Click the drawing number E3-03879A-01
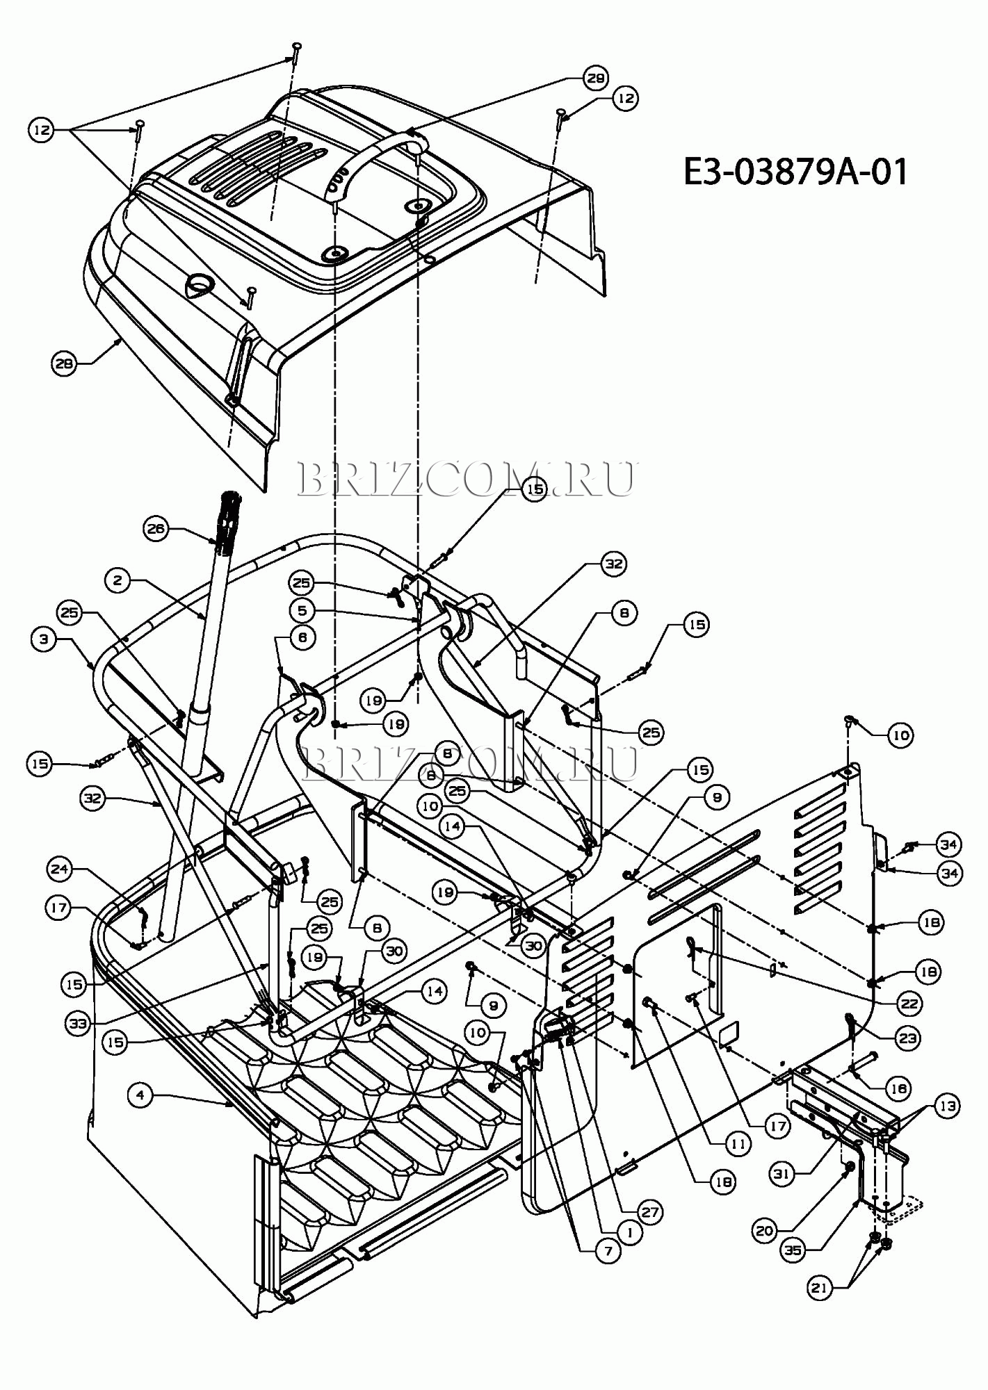[795, 172]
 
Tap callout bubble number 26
[155, 529]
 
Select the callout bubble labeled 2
[118, 580]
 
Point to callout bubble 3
[44, 639]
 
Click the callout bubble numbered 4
[140, 1095]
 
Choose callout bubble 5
[302, 610]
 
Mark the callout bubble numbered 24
[60, 868]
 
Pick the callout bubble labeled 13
[947, 1106]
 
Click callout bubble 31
[782, 1173]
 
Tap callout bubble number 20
[764, 1231]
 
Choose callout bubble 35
[793, 1250]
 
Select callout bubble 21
[820, 1288]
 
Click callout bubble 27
[649, 1212]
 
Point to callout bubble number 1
[629, 1233]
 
